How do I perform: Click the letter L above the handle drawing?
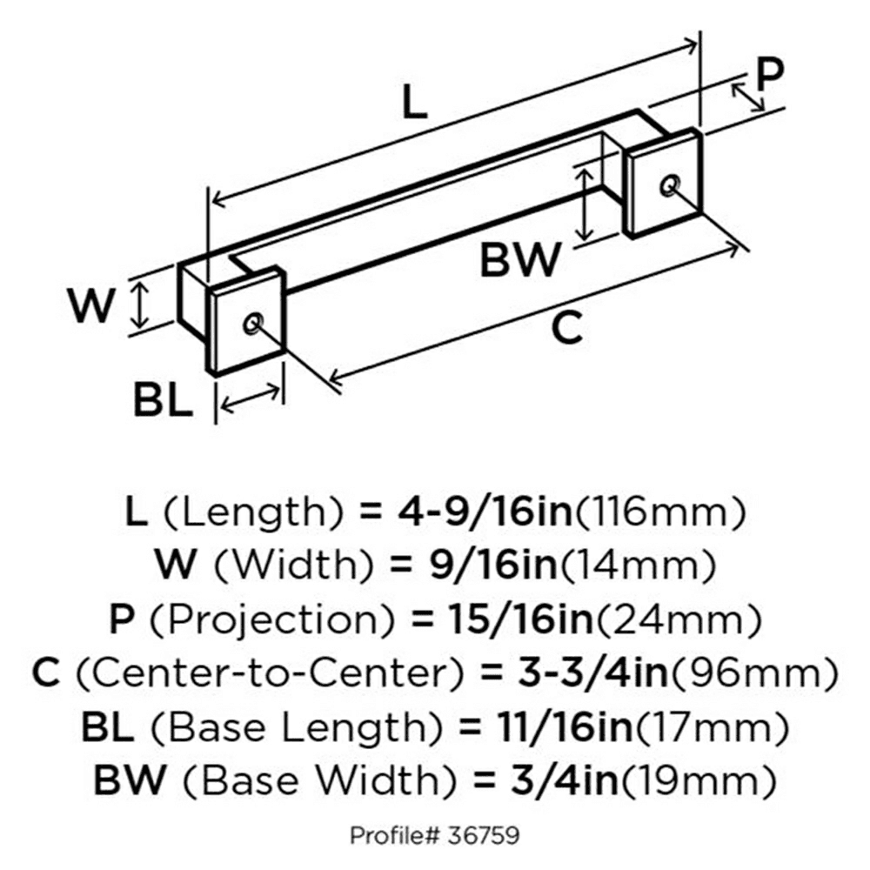click(x=415, y=104)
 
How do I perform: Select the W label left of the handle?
click(x=92, y=305)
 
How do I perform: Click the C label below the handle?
click(x=566, y=328)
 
